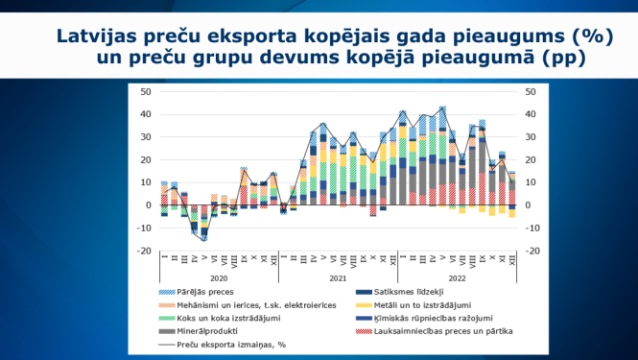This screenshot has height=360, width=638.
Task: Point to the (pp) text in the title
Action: pyautogui.click(x=563, y=60)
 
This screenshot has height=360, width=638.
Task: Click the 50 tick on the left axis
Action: pyautogui.click(x=146, y=92)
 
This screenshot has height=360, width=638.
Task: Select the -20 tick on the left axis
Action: pyautogui.click(x=144, y=251)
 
